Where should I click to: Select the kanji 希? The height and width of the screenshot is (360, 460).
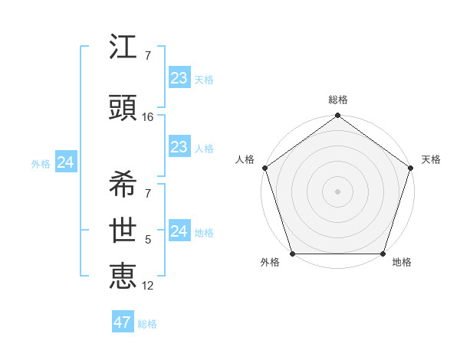click(x=123, y=185)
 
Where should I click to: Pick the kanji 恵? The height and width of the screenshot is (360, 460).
click(x=123, y=275)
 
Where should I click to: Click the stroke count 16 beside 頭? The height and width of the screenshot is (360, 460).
click(x=148, y=117)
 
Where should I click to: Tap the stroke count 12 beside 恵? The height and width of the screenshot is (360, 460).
click(x=148, y=286)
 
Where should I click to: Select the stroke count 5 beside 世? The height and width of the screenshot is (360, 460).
click(x=148, y=240)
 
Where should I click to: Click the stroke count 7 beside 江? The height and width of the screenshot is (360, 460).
click(x=148, y=56)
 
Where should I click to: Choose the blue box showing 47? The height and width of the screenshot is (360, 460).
click(x=123, y=322)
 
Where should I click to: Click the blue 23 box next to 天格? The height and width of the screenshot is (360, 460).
click(x=179, y=78)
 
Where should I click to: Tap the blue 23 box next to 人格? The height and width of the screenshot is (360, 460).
click(x=179, y=147)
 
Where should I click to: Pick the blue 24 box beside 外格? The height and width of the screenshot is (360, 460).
click(x=66, y=162)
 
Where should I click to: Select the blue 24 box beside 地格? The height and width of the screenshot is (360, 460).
click(x=179, y=231)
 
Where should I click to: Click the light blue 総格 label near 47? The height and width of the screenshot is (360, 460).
click(x=147, y=324)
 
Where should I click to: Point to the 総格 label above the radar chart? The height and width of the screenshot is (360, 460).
click(x=338, y=100)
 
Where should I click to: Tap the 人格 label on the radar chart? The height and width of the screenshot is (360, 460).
click(x=245, y=159)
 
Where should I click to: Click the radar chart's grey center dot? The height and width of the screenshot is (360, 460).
click(x=338, y=191)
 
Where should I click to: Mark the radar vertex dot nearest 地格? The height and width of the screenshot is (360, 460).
click(x=383, y=254)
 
